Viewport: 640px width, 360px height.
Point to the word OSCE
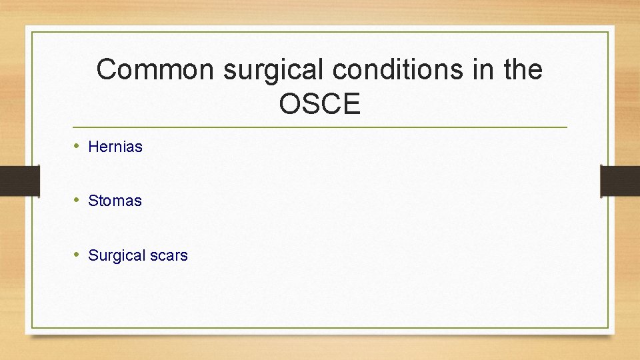pos(320,104)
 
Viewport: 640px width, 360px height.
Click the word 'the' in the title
pos(523,70)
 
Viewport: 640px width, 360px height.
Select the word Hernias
pos(115,147)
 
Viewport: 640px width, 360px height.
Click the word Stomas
pos(115,201)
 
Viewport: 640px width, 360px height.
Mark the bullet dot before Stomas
pos(77,200)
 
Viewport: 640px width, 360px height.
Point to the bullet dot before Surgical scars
pos(77,255)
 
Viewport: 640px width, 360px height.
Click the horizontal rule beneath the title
pos(320,127)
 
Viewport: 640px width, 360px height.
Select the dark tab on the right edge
pos(620,181)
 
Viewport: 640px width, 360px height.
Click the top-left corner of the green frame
pos(31,32)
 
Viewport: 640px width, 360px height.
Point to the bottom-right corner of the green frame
pos(608,327)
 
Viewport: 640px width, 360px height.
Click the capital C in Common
pos(106,70)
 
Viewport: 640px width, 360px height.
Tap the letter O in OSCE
pos(290,104)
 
